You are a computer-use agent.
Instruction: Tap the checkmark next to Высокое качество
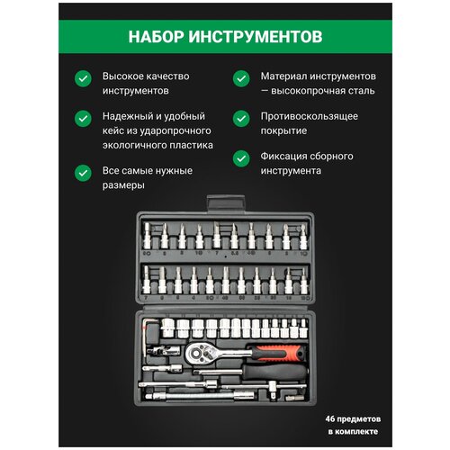point(83,79)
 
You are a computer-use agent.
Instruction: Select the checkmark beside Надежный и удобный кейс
point(83,118)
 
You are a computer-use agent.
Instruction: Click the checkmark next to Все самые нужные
point(83,170)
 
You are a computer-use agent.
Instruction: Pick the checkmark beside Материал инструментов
point(238,79)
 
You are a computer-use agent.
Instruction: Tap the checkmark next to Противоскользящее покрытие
point(238,118)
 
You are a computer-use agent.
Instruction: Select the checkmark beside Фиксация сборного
point(238,157)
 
